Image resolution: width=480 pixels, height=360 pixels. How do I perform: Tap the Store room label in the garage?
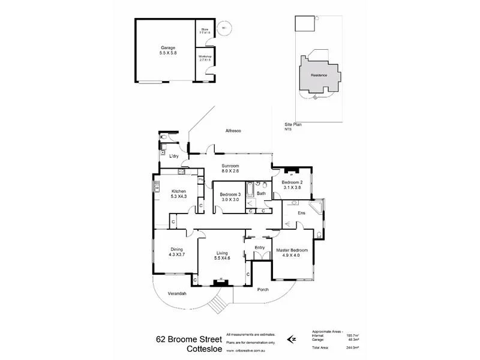204,29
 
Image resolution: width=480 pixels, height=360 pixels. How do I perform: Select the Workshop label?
205,58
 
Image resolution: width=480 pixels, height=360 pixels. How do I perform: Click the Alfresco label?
233,130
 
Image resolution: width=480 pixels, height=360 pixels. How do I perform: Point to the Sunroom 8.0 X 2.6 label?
230,168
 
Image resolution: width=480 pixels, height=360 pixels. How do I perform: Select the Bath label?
261,193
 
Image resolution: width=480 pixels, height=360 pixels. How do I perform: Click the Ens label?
302,212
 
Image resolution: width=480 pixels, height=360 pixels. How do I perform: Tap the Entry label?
260,247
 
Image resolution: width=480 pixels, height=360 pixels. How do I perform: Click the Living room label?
224,255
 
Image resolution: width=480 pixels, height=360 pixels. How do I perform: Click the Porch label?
262,290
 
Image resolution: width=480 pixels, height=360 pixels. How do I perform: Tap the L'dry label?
174,157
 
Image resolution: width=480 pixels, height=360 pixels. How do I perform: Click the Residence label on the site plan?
319,75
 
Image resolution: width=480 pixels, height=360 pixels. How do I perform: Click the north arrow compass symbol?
292,339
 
